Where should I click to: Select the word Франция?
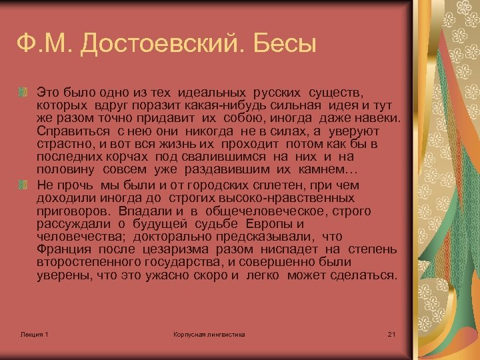tap(64, 249)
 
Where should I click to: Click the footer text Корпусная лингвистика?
tap(209, 334)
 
